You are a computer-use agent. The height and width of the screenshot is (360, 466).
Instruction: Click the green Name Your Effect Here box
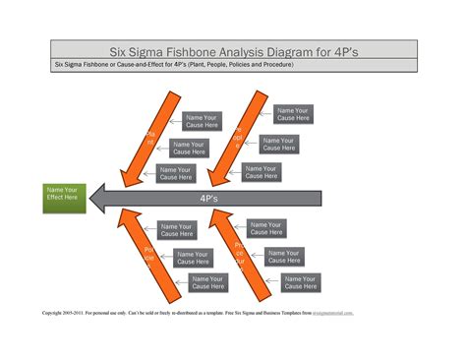64,197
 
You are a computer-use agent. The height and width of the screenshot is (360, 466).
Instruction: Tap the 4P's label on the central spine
207,198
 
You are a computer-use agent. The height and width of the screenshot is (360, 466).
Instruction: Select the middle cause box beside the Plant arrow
189,148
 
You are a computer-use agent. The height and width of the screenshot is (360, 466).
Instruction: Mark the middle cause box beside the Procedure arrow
284,257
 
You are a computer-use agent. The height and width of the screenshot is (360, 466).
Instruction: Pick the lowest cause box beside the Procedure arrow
301,283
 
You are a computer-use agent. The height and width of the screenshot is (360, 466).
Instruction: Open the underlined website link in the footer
333,314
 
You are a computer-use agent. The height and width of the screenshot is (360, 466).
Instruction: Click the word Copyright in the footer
54,314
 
